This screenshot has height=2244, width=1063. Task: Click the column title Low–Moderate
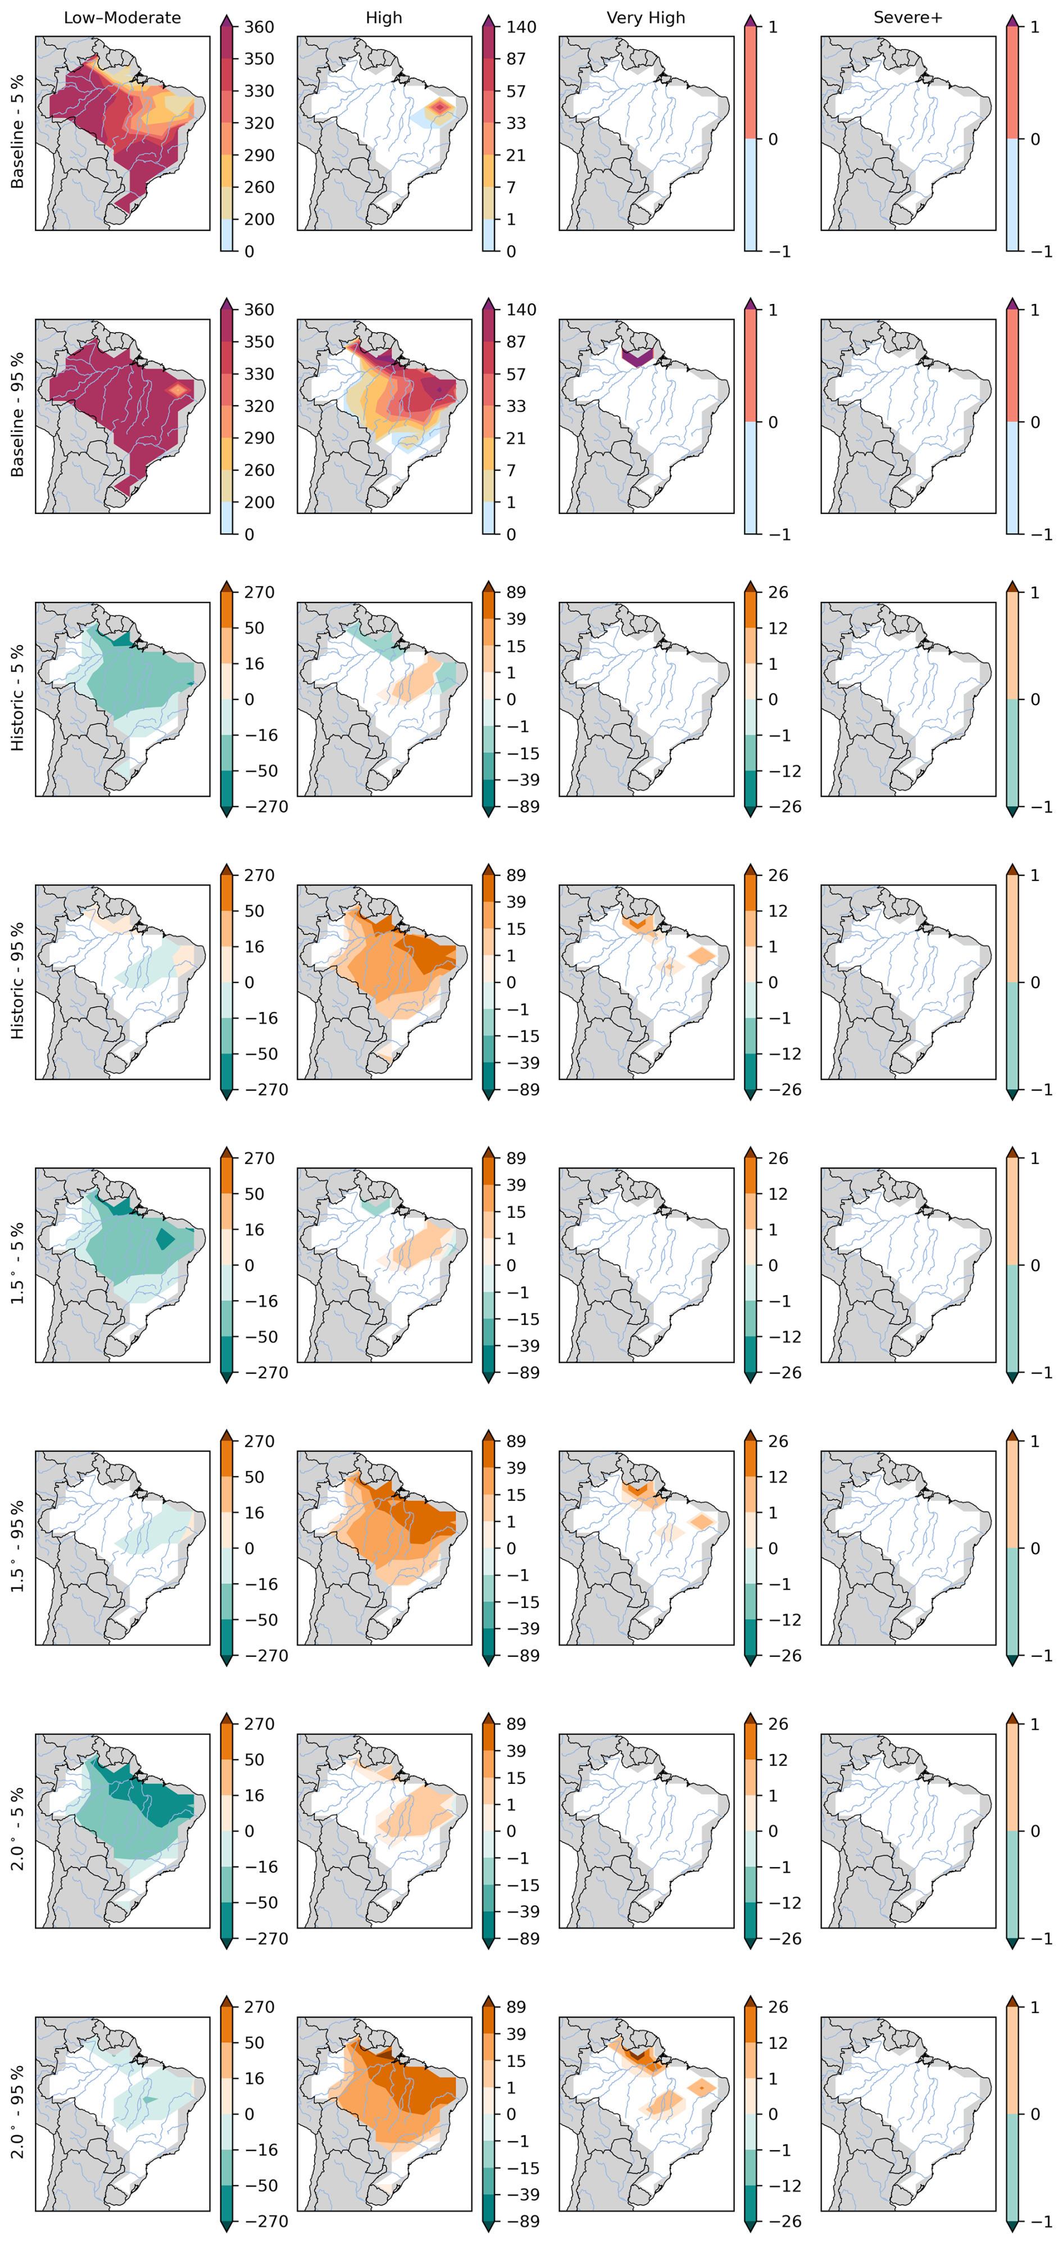click(x=122, y=17)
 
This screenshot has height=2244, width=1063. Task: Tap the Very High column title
click(x=646, y=17)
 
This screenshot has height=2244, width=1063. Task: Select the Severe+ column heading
click(x=908, y=17)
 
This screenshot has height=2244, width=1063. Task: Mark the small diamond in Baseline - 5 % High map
click(x=440, y=107)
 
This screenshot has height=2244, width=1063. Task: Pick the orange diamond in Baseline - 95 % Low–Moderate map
click(x=178, y=389)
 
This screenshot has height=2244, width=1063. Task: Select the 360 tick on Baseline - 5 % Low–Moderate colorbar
click(x=259, y=27)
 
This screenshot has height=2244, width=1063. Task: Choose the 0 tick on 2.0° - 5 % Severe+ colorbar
click(x=1035, y=1831)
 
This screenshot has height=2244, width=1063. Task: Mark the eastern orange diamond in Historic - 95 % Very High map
click(x=701, y=956)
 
